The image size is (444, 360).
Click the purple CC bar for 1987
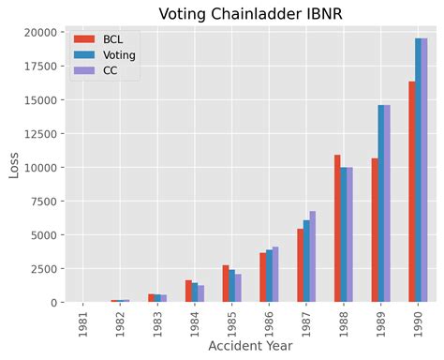click(312, 257)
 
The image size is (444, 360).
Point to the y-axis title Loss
click(13, 165)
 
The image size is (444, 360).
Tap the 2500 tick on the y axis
click(45, 268)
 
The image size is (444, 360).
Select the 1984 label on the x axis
click(194, 321)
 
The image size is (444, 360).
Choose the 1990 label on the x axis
click(418, 321)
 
